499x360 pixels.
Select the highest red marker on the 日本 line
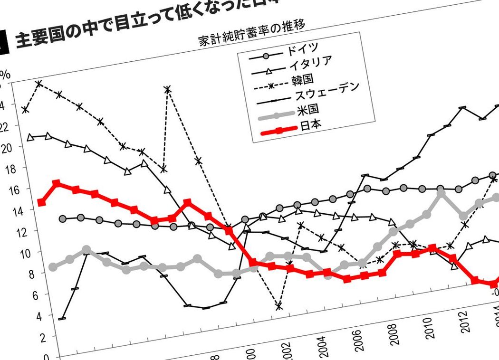(57, 183)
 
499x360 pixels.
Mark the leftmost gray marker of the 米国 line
(53, 267)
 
